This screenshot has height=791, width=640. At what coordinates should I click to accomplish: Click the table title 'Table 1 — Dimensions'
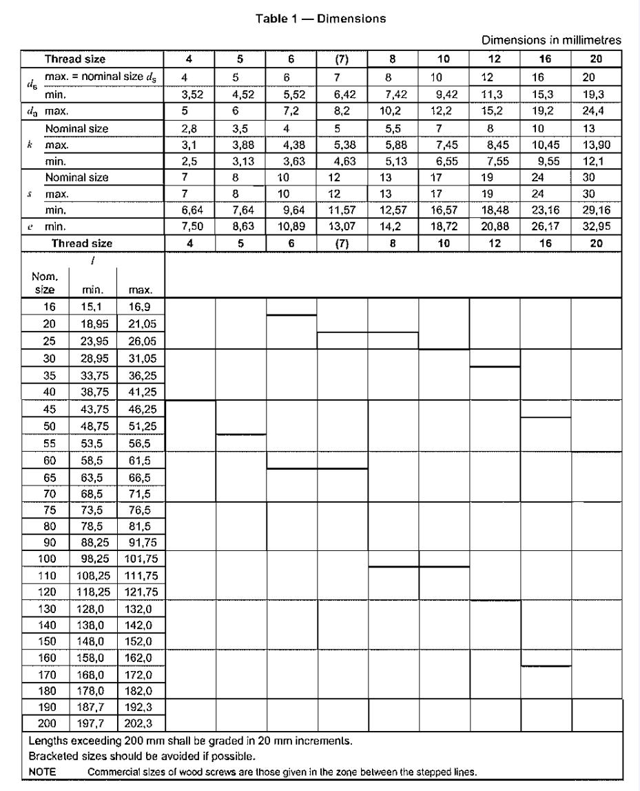(321, 19)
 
